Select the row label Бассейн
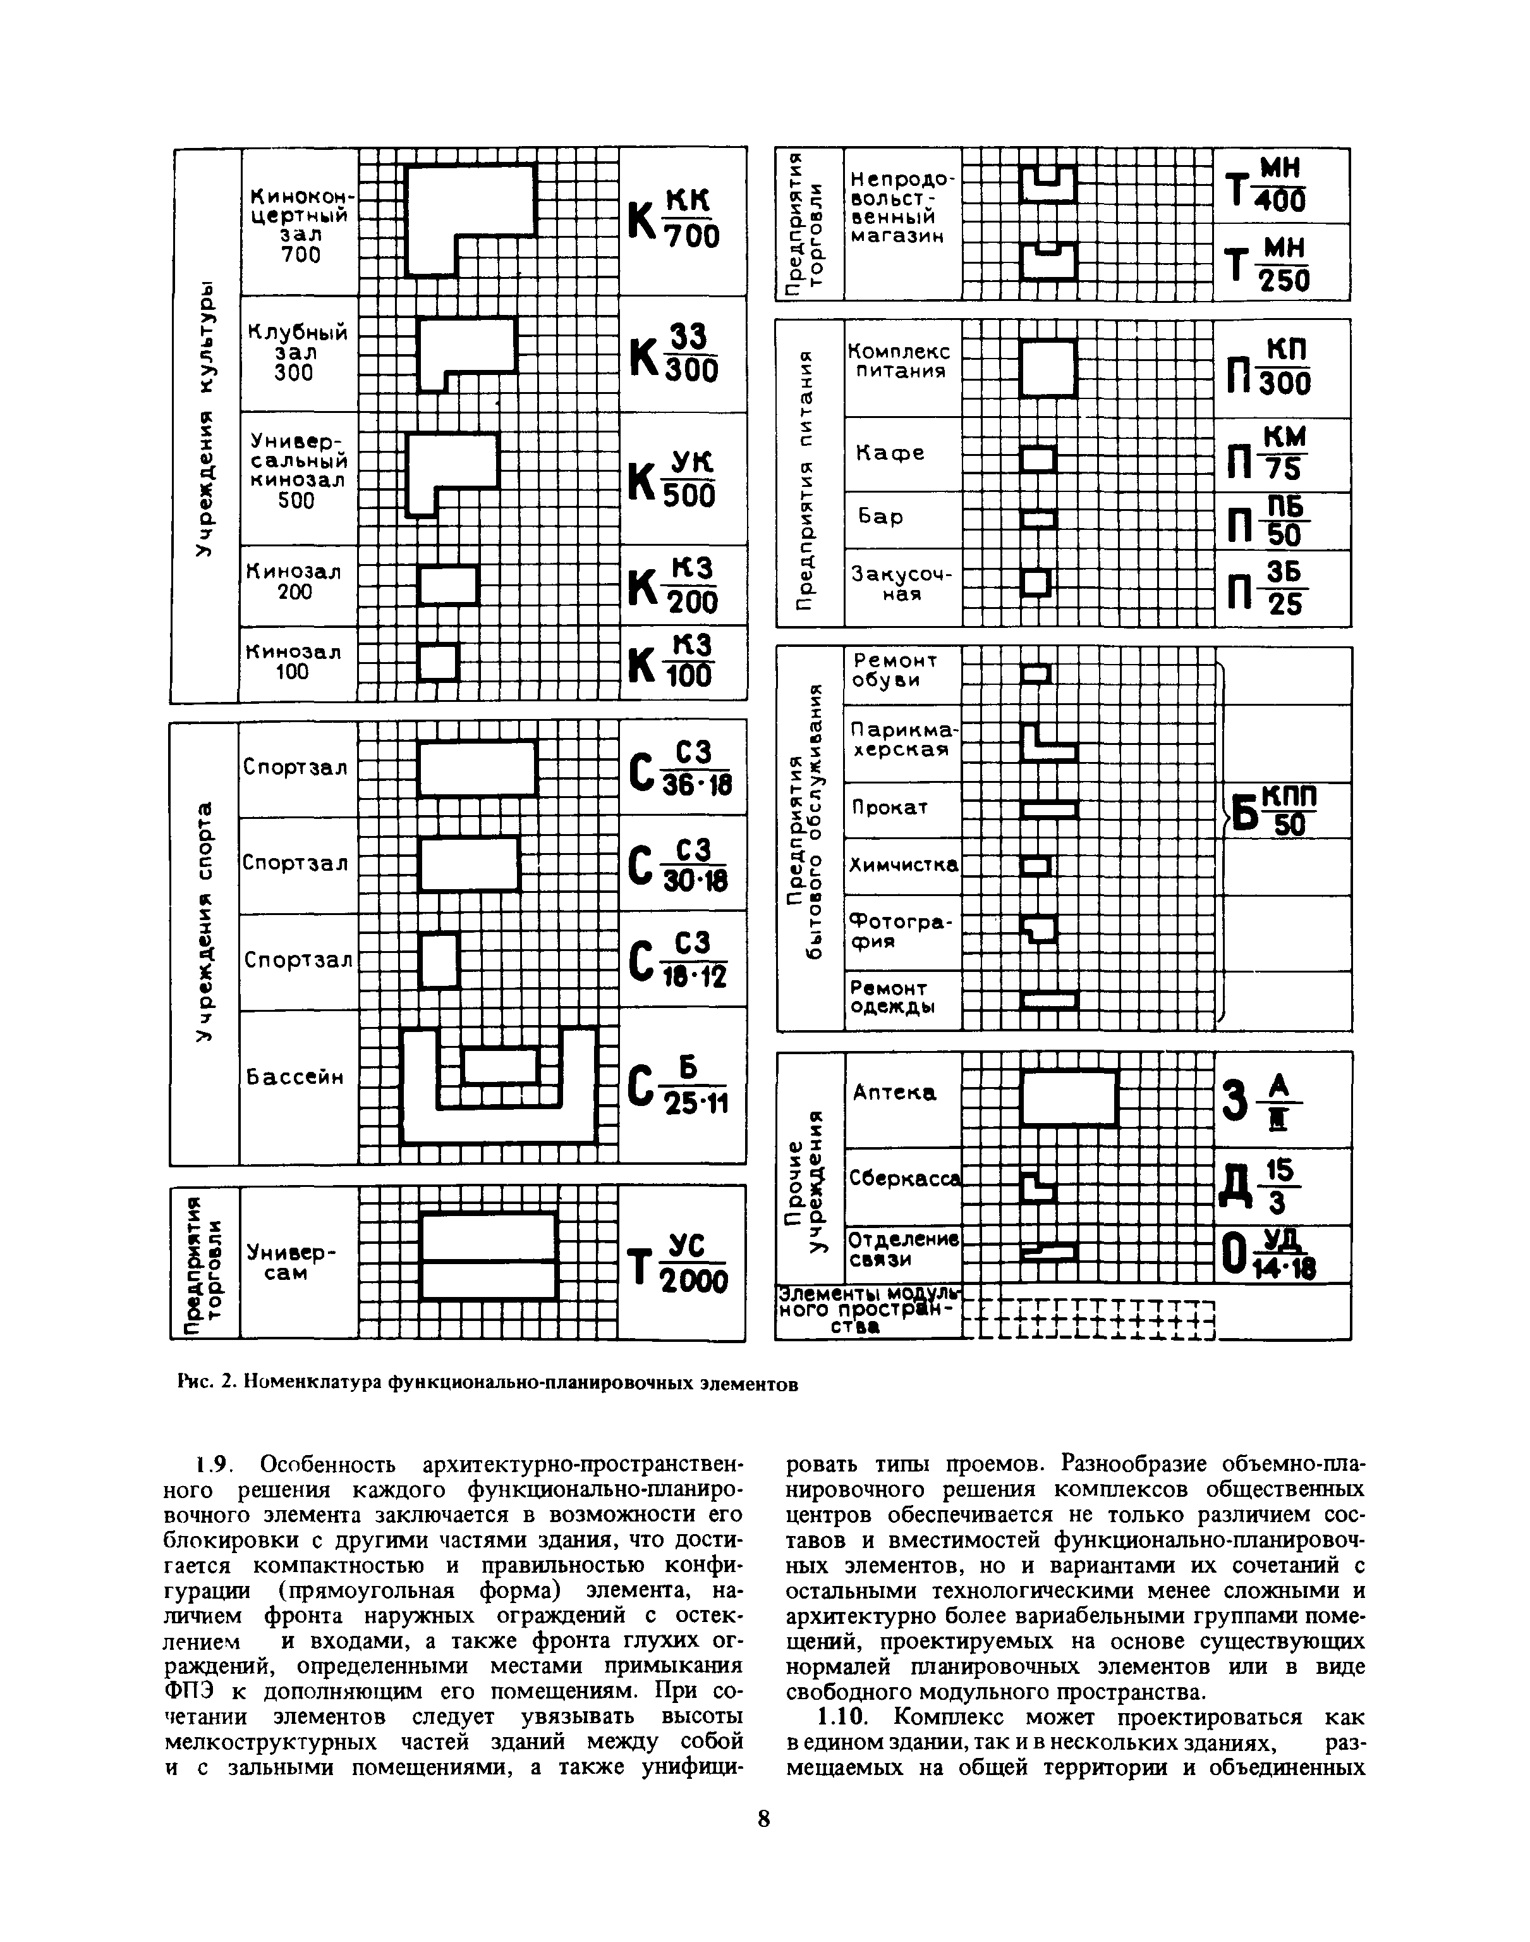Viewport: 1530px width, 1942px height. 294,1076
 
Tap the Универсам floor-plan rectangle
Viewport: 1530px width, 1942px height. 489,1255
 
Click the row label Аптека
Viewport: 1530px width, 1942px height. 895,1093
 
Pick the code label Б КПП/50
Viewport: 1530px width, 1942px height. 1275,809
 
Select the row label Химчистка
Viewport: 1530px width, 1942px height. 903,865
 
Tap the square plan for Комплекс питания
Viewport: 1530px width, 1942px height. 1048,367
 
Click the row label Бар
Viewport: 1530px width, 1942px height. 880,517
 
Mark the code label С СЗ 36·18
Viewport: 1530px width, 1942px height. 681,768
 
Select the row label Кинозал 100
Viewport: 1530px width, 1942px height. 294,661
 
